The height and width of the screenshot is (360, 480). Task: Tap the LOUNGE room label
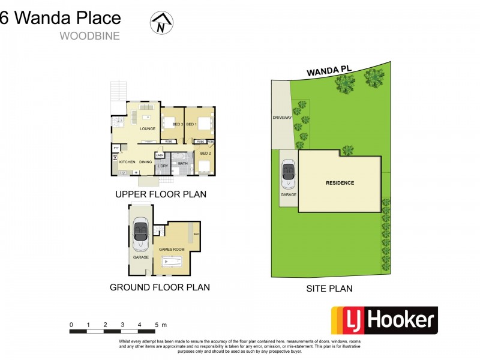[148, 129]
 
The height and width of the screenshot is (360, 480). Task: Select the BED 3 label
[177, 124]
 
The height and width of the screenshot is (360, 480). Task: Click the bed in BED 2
[204, 166]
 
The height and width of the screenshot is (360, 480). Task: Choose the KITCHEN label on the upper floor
[127, 162]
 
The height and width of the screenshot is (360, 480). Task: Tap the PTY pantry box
[115, 147]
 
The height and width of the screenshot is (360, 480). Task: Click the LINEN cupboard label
[160, 155]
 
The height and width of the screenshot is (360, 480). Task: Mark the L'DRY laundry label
[162, 166]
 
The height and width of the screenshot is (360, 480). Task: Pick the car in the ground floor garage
[140, 232]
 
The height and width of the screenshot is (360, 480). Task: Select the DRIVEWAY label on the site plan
[281, 118]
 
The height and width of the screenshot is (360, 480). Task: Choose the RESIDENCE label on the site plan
[340, 183]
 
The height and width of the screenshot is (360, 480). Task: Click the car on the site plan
[289, 174]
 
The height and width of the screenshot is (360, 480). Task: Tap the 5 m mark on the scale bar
[157, 325]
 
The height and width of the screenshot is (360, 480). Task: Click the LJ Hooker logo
[384, 320]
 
